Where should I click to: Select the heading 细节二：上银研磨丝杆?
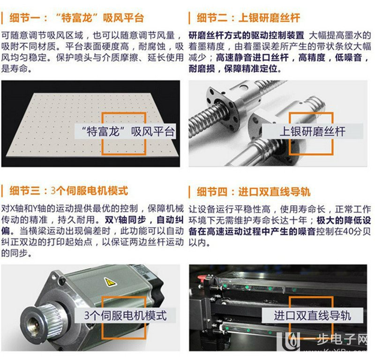[247, 18]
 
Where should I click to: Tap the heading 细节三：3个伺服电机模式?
[68, 191]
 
